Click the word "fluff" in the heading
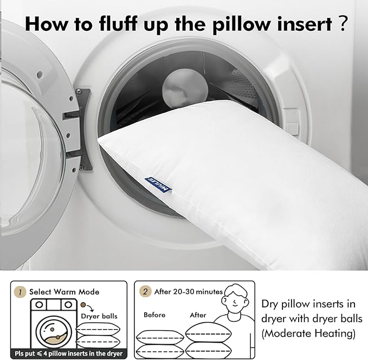[118, 23]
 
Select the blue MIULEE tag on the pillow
[158, 184]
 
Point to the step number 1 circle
[20, 292]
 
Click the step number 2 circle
[145, 292]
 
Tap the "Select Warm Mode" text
[64, 292]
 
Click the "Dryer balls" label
[99, 316]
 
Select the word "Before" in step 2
[154, 314]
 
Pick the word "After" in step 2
[198, 314]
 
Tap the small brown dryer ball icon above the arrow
[83, 305]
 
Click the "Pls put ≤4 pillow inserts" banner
[68, 353]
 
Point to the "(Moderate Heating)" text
[308, 333]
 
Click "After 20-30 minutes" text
[189, 292]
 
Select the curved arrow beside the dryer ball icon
[91, 308]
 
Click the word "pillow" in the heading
[242, 24]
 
